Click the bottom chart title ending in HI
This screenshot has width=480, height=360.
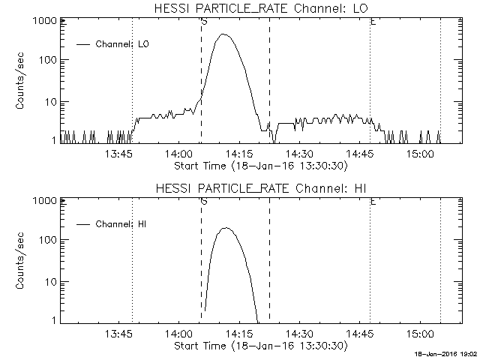point(259,187)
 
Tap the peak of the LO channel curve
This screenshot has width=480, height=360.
point(223,34)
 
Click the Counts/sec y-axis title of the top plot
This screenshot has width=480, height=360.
point(22,80)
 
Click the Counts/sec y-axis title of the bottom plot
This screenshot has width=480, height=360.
point(22,260)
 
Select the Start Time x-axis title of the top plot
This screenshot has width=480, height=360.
point(259,165)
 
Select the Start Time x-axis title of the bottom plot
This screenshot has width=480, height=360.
point(259,345)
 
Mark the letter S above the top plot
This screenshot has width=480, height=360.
point(204,22)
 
